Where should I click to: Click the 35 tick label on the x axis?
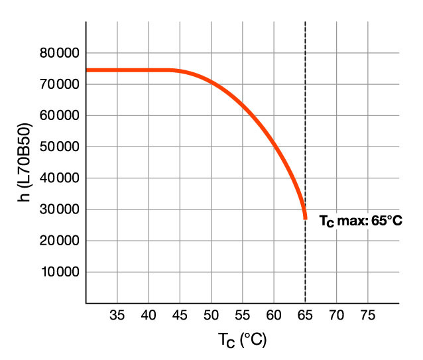(117, 314)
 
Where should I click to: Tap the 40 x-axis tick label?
(149, 314)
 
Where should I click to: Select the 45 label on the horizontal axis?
(180, 314)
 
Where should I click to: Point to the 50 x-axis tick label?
(211, 314)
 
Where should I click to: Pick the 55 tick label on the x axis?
(243, 314)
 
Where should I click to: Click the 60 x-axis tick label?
(274, 314)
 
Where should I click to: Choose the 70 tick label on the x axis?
(336, 314)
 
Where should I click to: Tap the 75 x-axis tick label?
(367, 314)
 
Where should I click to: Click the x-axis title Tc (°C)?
(242, 341)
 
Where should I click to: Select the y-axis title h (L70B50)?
(25, 163)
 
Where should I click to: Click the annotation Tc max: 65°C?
(361, 221)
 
